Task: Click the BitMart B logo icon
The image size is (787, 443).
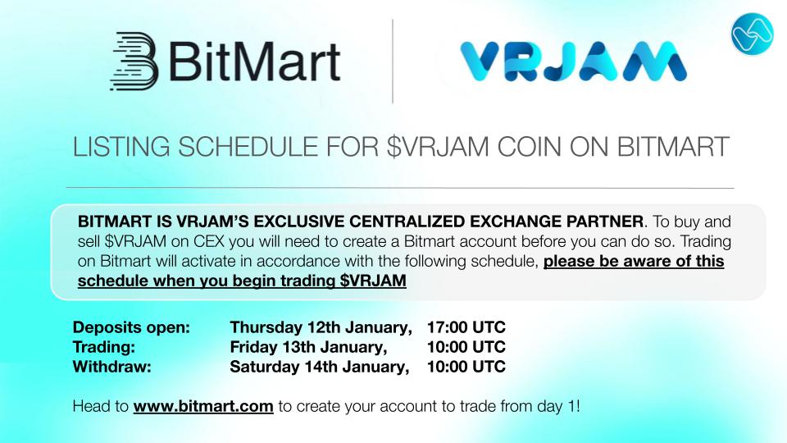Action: coord(133,60)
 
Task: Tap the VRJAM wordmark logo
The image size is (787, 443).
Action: coord(572,62)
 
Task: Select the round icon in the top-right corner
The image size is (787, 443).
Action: coord(752,34)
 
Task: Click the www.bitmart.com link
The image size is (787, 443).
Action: coord(203,406)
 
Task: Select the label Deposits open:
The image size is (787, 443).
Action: coord(131,327)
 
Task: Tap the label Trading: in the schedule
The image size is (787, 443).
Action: coord(103,347)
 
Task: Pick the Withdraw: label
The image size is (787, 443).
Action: coord(111,367)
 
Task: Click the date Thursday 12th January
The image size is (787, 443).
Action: coord(321,327)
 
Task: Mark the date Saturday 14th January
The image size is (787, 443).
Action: coord(319,367)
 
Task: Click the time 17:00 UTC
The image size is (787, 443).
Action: coord(466,327)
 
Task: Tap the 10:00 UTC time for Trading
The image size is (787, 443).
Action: coord(466,347)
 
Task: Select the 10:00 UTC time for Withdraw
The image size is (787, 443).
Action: coord(466,367)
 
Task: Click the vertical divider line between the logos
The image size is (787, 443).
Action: coord(393,62)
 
